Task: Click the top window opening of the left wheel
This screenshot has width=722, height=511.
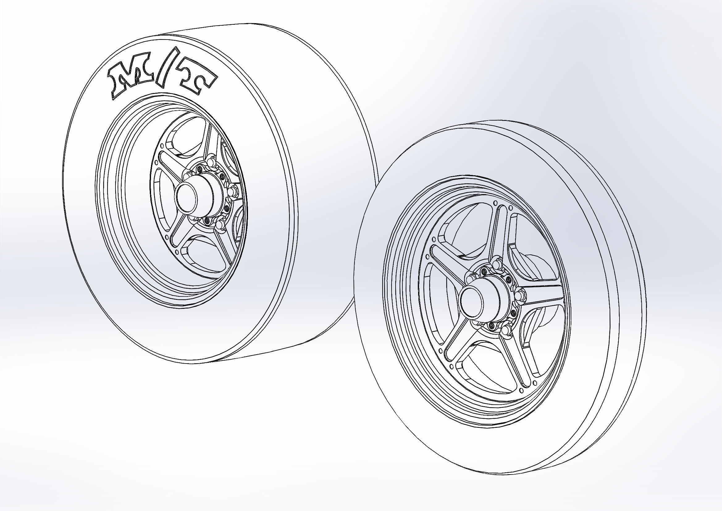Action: [x=186, y=138]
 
